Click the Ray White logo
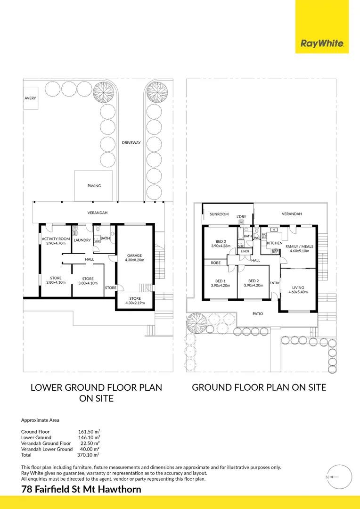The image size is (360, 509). tap(322, 44)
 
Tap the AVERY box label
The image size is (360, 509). tap(30, 99)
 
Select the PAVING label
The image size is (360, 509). tap(94, 186)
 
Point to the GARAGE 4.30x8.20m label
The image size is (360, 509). tap(134, 257)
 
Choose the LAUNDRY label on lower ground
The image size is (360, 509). tap(82, 240)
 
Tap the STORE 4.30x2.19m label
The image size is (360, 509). tap(135, 300)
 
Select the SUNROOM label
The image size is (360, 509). tap(219, 214)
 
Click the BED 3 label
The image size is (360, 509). tap(221, 243)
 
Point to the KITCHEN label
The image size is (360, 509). tap(274, 243)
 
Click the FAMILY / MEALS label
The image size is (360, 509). tap(299, 248)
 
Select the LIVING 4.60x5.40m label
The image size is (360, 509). tap(298, 290)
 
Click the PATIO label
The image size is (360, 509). tap(257, 313)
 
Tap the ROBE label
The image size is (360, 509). tap(216, 263)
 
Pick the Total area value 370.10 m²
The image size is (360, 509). tap(88, 455)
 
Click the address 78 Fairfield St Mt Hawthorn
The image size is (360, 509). tap(81, 489)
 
